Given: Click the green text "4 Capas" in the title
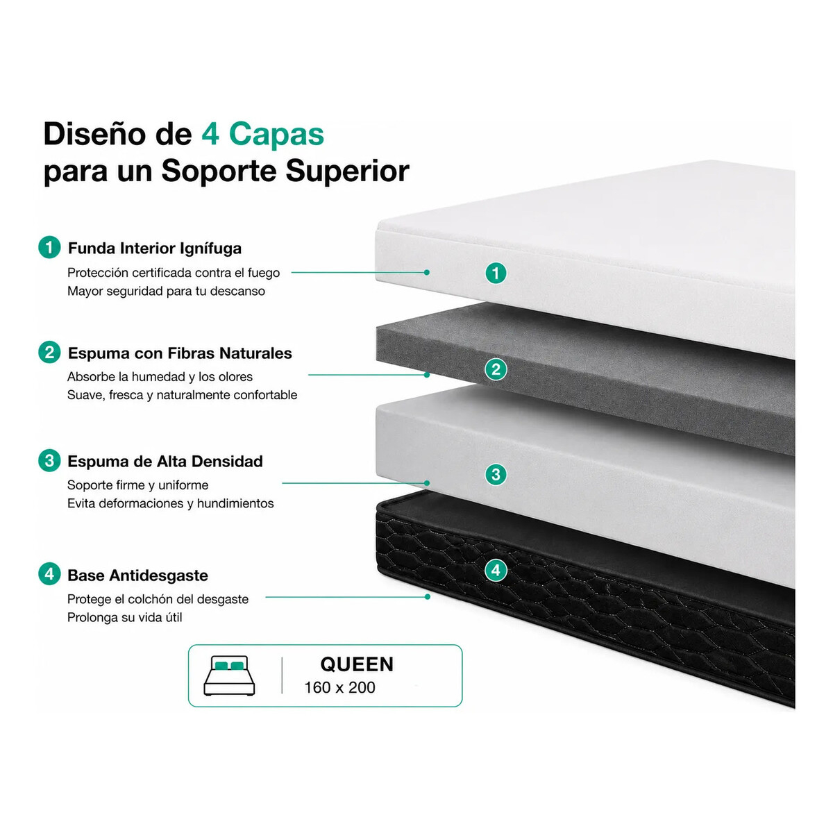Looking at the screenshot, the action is pos(263,134).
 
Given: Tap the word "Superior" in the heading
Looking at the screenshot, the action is pos(347,171).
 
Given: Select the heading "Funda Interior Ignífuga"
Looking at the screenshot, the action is pos(155,249).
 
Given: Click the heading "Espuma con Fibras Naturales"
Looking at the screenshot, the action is pos(180,353).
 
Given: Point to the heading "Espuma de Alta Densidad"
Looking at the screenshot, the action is pos(165,461).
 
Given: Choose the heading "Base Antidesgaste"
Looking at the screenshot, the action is pos(138,575).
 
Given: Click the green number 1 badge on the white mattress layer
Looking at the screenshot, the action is pos(496,274).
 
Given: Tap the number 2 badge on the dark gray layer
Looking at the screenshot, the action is pos(496,369).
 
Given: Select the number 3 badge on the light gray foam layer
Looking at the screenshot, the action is pos(496,474).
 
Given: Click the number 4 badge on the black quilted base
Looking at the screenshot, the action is pos(496,571).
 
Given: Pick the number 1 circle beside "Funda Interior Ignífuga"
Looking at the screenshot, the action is pos(49,247).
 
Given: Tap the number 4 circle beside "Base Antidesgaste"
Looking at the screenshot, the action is pos(49,574).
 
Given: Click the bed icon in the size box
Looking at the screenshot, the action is pos(229,675).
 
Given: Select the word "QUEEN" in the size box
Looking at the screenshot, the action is pos(357,664).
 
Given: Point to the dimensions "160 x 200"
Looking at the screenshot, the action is pos(339,687).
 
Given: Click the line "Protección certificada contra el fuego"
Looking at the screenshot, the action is pos(174,273).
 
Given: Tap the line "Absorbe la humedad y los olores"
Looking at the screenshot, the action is pos(160,377).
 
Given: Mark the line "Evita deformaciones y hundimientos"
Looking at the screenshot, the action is pos(170,503).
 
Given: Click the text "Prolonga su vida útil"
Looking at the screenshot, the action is pos(124,617).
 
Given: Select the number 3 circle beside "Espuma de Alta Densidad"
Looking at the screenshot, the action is pos(49,460).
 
